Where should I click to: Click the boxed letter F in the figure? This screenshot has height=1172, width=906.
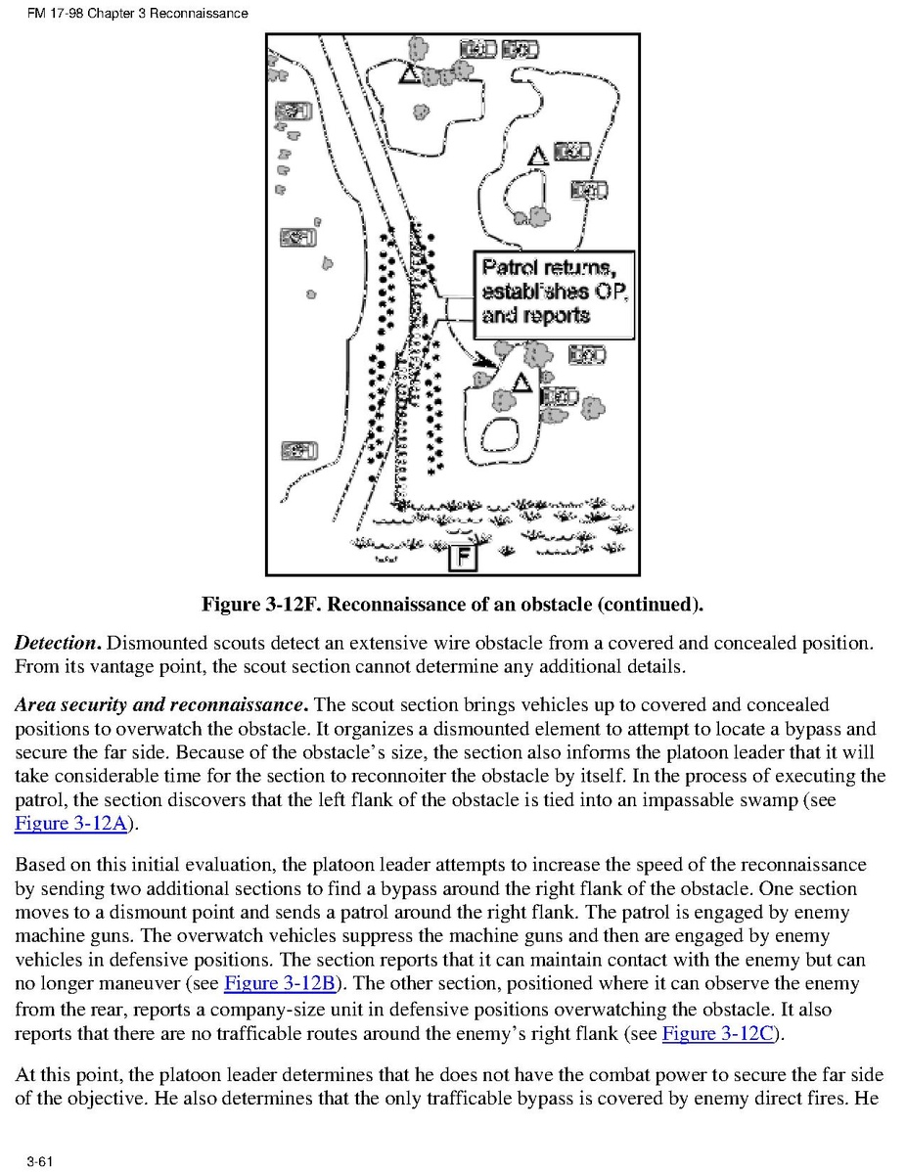pyautogui.click(x=462, y=558)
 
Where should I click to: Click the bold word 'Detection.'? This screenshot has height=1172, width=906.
pyautogui.click(x=58, y=644)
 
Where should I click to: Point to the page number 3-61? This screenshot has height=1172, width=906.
pyautogui.click(x=39, y=1160)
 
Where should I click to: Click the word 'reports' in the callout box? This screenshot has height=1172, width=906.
pyautogui.click(x=550, y=315)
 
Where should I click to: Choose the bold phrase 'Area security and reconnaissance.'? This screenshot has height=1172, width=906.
pyautogui.click(x=162, y=704)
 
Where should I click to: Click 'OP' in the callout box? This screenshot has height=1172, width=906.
pyautogui.click(x=608, y=292)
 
